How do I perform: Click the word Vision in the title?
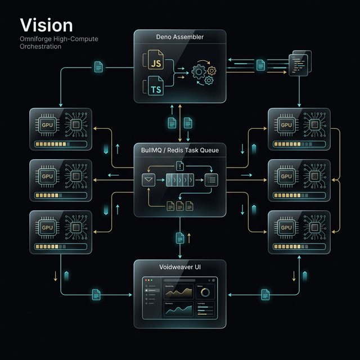click(x=46, y=25)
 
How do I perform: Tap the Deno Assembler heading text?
click(x=179, y=37)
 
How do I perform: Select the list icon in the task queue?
click(x=211, y=180)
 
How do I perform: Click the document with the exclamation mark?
click(x=180, y=165)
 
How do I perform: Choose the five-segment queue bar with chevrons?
click(x=179, y=180)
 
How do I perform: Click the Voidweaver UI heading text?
click(x=179, y=267)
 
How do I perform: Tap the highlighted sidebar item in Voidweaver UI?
click(x=152, y=290)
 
